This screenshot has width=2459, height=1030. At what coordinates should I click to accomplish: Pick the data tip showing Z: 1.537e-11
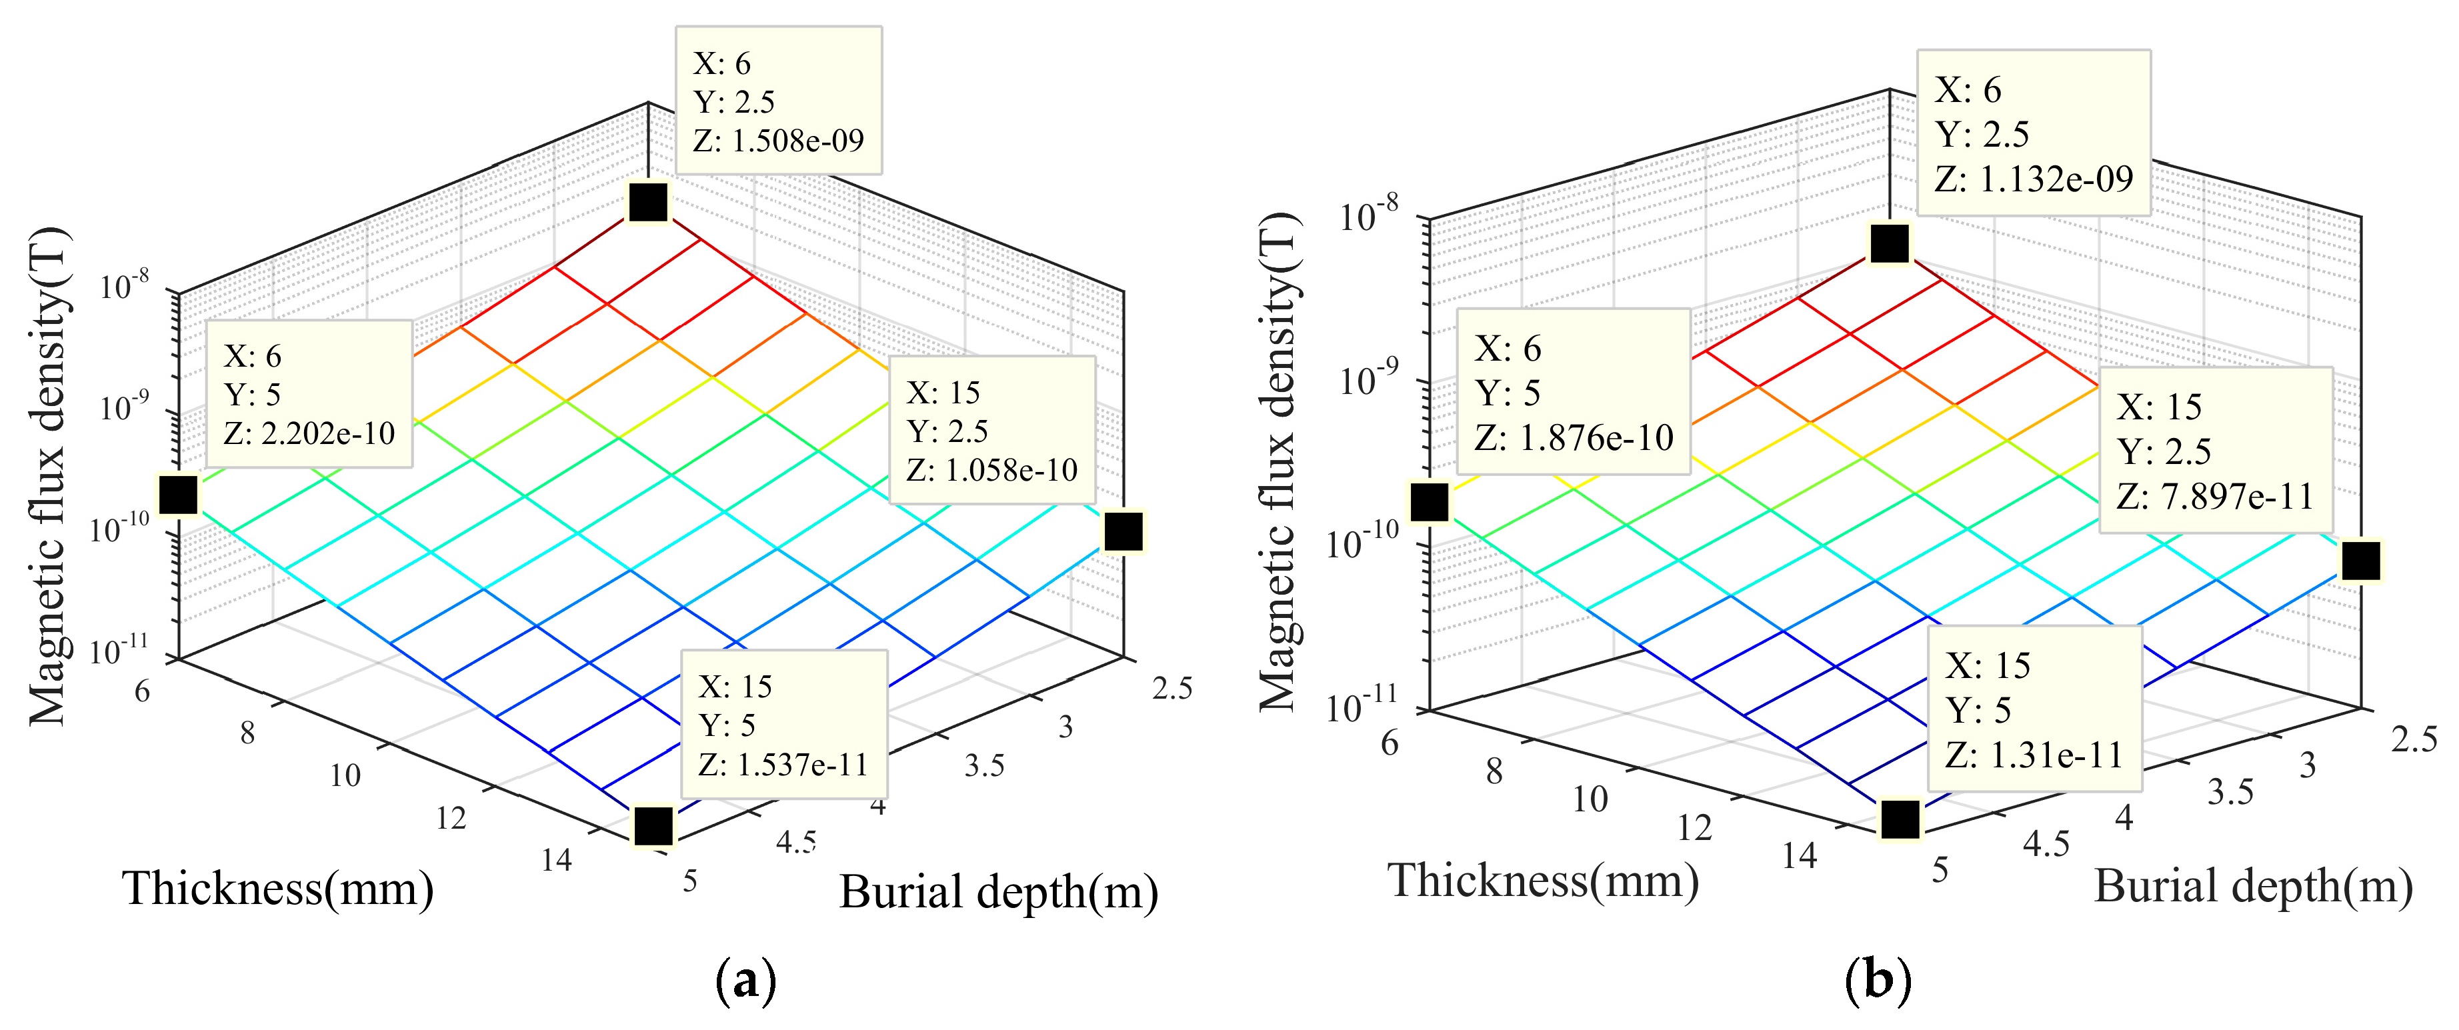(x=783, y=725)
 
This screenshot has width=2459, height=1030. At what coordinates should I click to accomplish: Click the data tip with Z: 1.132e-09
(x=2033, y=133)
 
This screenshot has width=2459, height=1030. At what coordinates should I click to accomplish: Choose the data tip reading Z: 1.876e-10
(x=1573, y=393)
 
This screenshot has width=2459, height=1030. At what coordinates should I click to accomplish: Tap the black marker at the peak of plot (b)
(x=1890, y=243)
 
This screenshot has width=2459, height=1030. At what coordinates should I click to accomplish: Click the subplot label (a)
(x=745, y=981)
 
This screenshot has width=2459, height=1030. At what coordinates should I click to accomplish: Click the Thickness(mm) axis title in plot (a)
(x=278, y=889)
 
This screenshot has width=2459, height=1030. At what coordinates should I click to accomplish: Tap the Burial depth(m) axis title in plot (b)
(x=2254, y=887)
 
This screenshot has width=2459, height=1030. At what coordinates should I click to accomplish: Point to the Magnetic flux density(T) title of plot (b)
(x=1279, y=461)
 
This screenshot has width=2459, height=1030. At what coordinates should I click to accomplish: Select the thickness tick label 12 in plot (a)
(x=451, y=818)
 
